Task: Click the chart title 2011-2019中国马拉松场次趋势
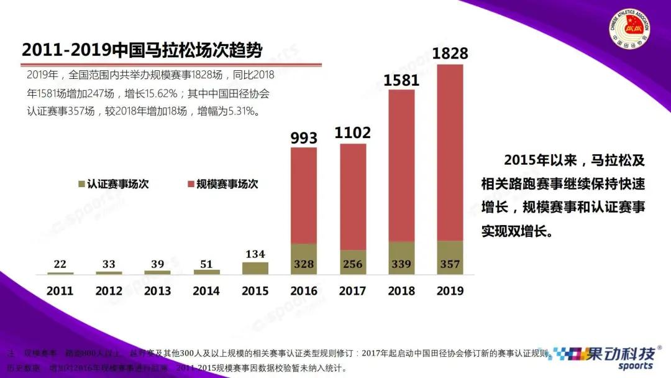point(142,50)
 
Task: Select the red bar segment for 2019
point(450,152)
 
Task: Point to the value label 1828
point(450,53)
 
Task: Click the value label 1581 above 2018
point(401,80)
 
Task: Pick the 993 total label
point(304,137)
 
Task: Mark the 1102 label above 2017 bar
point(352,133)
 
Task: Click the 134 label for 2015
point(255,254)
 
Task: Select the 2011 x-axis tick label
point(60,290)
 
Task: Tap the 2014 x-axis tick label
point(206,290)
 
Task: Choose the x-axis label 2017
point(352,290)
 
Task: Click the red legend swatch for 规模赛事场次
point(190,185)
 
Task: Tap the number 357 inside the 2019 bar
point(450,264)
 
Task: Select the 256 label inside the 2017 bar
point(352,264)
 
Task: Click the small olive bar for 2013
point(157,272)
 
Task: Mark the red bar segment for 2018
point(401,165)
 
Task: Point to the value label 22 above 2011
point(60,264)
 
